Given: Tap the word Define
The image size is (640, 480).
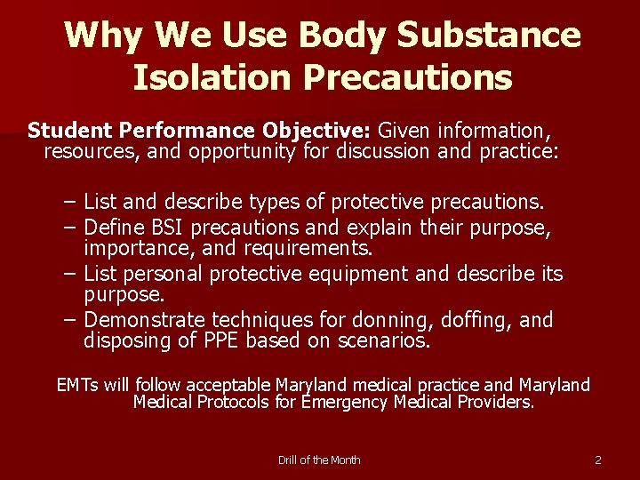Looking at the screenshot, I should pos(119,228).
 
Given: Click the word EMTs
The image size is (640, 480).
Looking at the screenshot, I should pos(77,385).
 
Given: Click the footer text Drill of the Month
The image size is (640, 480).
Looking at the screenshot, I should pos(319,460).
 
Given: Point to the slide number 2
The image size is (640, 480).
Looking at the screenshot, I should pos(598,460).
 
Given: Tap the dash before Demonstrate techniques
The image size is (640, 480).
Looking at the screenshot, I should pos(70,320).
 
